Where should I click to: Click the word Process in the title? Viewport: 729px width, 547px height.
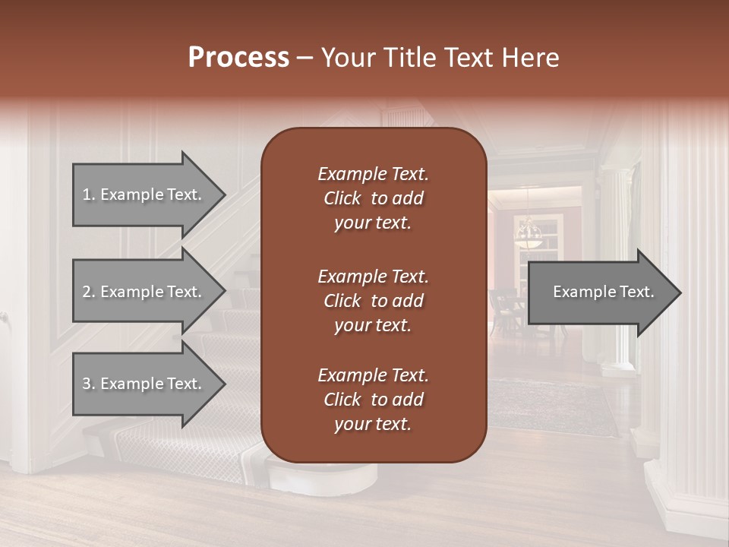[238, 58]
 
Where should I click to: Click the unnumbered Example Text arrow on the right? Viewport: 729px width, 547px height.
[603, 292]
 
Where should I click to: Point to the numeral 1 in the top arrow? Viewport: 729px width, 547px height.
[87, 194]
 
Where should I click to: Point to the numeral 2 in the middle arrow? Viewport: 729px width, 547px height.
[87, 292]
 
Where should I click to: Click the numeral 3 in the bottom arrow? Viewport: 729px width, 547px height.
[87, 384]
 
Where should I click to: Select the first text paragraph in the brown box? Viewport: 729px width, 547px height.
[373, 198]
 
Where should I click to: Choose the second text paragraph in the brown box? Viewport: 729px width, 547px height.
[373, 301]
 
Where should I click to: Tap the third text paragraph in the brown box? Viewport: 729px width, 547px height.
[373, 400]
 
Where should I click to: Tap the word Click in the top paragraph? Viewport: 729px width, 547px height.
[342, 198]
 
